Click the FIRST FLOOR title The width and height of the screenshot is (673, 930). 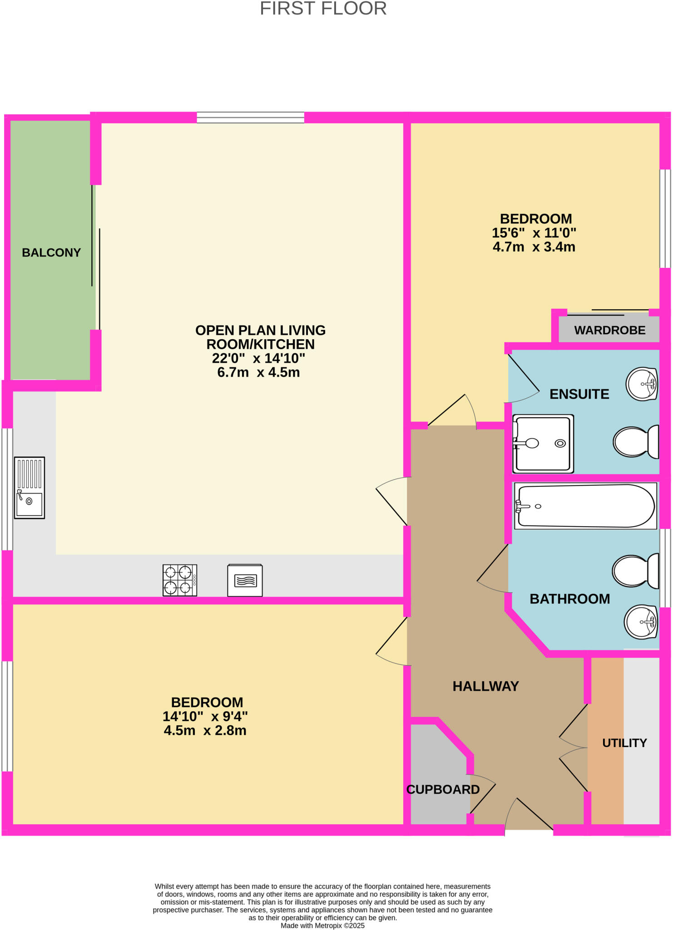pos(323,9)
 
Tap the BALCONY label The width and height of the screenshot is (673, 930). pos(51,252)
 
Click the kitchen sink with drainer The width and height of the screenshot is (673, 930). pos(30,488)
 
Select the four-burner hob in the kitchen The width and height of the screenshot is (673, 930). pos(180,580)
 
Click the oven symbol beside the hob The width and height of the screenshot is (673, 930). pos(245,580)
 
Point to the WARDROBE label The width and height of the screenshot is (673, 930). pos(609,330)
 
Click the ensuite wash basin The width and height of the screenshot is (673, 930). pos(642,384)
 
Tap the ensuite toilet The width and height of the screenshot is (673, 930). pos(635,441)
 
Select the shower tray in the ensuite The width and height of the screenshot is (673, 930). pos(543,444)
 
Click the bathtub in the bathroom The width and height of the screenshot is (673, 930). pos(585,506)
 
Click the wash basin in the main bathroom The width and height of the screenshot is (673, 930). pos(641,622)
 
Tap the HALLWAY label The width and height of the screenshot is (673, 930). pos(485,686)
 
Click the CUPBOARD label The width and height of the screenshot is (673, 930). pos(443,790)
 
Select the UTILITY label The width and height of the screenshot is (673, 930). pos(624,743)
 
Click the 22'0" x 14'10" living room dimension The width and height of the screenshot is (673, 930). pos(258,358)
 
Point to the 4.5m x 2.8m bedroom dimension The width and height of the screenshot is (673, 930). pos(205,731)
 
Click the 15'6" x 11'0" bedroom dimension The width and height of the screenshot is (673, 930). pos(534,233)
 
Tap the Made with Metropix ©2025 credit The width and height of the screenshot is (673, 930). pos(322,925)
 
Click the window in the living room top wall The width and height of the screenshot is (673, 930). pos(250,118)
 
